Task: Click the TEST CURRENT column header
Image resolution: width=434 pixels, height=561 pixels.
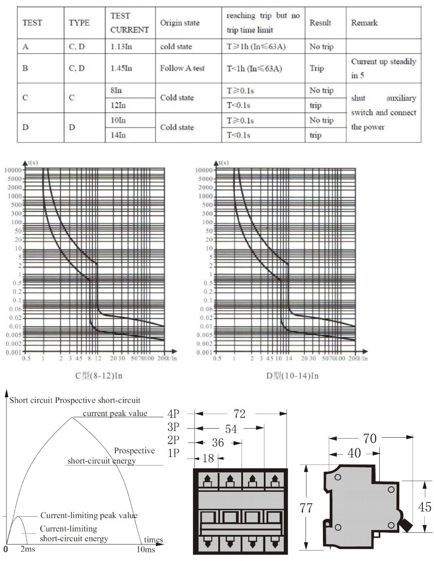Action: click(x=129, y=23)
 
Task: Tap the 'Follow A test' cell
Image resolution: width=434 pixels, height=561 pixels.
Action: click(x=182, y=68)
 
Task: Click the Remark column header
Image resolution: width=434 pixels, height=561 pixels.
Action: click(x=364, y=23)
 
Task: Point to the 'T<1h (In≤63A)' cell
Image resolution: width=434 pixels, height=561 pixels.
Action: click(x=256, y=68)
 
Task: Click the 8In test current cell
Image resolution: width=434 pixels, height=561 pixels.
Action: click(x=116, y=90)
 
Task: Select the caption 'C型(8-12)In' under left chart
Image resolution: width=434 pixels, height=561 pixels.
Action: click(x=99, y=376)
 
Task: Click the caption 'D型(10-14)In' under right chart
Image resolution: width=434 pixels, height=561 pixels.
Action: click(x=292, y=376)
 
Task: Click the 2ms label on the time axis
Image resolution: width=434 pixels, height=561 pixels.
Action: click(x=28, y=550)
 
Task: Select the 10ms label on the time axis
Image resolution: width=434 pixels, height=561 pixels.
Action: click(x=146, y=550)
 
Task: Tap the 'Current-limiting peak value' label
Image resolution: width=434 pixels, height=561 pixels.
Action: click(x=89, y=515)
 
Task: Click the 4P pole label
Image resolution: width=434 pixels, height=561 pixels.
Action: click(x=173, y=414)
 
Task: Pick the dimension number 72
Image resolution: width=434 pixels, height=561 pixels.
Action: click(x=239, y=414)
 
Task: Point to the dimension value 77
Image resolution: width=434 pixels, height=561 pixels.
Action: click(x=306, y=508)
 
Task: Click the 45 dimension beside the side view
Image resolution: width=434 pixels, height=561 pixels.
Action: click(x=424, y=506)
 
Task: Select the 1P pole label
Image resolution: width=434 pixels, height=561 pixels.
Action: click(x=173, y=453)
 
